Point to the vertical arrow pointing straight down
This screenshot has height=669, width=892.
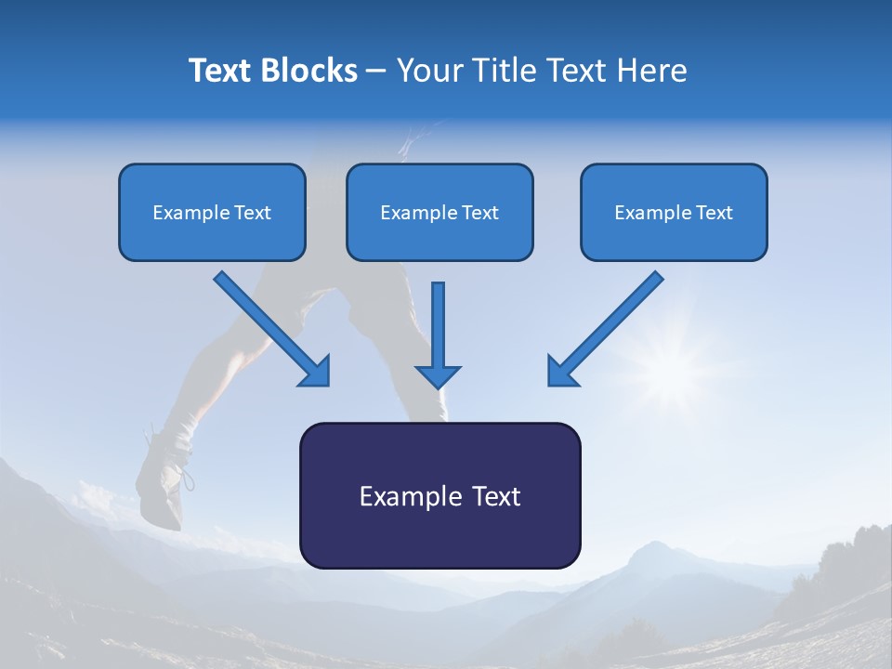pyautogui.click(x=438, y=325)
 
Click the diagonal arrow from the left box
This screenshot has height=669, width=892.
pyautogui.click(x=269, y=327)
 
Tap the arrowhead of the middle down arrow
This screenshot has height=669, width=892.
pyautogui.click(x=438, y=376)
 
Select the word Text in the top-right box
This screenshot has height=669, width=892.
pyautogui.click(x=715, y=213)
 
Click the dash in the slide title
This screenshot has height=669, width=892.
pyautogui.click(x=376, y=71)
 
